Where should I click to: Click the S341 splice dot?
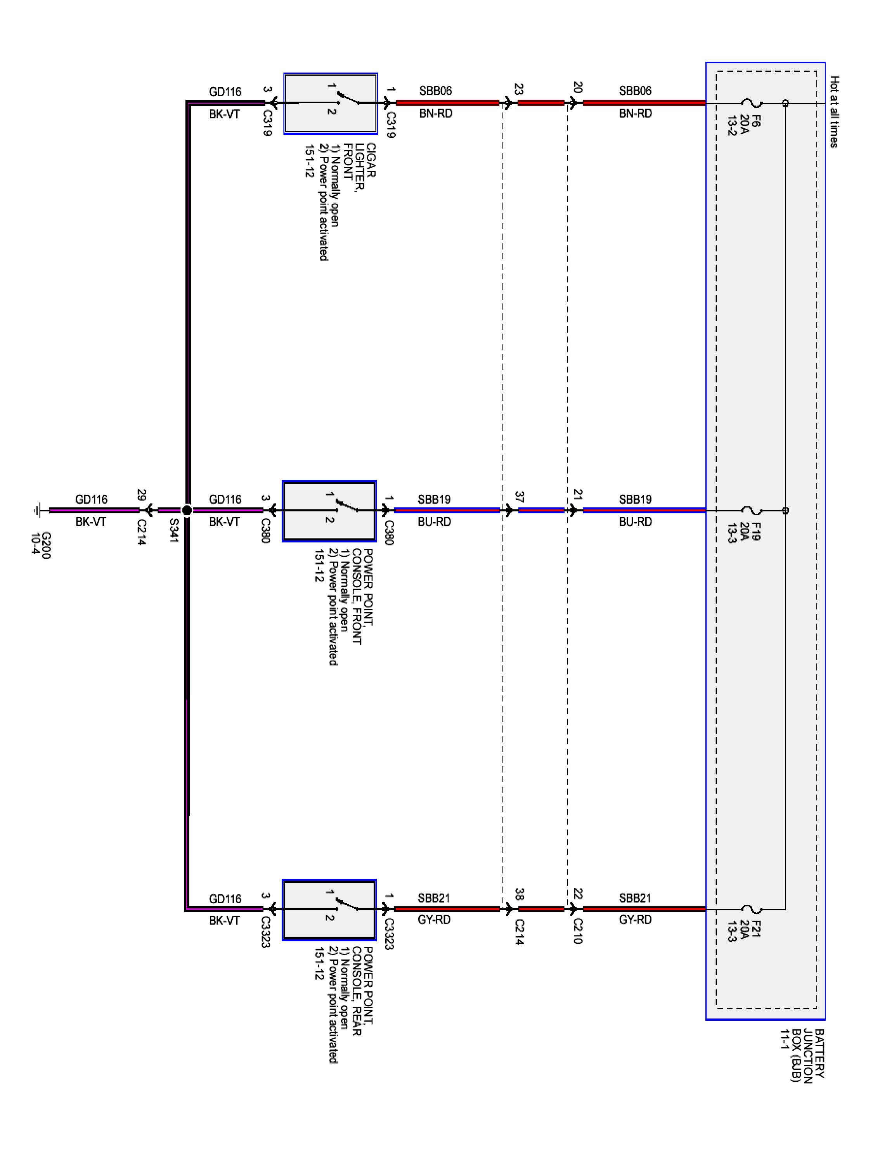187,510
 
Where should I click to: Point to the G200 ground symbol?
37,510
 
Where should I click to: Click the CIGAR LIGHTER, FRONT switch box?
330,103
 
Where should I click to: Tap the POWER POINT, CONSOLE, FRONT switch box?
329,511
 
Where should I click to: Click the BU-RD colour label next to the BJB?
635,521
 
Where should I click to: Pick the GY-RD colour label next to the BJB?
635,919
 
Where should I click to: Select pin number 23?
518,90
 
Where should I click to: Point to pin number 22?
578,894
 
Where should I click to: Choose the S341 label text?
174,530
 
